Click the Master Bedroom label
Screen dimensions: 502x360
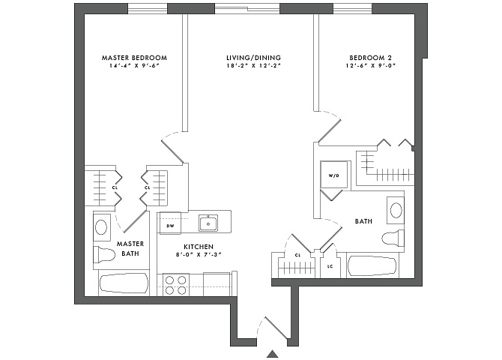[134, 58]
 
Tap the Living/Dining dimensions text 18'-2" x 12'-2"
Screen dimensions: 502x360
[253, 66]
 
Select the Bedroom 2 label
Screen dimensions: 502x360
[370, 58]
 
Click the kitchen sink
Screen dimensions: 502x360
[208, 223]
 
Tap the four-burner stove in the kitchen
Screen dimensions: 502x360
[175, 285]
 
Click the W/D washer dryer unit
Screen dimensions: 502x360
[334, 175]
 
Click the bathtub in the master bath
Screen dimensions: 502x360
[124, 283]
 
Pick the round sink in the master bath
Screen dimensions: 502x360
[101, 227]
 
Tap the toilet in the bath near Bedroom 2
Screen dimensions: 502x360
[393, 238]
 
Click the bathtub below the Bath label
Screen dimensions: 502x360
[372, 266]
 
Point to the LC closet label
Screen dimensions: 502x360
[330, 266]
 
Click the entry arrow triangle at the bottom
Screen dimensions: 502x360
[273, 353]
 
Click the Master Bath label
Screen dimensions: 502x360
[130, 249]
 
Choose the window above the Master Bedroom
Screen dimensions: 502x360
[148, 9]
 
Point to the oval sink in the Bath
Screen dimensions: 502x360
[396, 210]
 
